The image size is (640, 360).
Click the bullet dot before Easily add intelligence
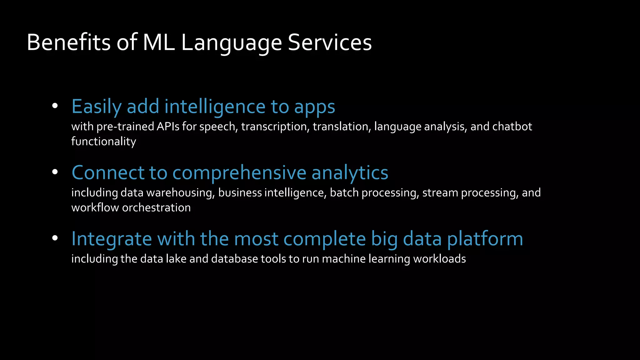[x=55, y=106]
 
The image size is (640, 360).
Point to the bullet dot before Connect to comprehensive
[x=55, y=172]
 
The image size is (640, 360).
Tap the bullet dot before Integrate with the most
[x=55, y=238]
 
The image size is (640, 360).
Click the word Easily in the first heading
[x=96, y=107]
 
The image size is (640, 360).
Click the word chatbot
[x=512, y=127]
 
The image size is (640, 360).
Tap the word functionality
[x=103, y=142]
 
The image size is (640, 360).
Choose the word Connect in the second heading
[x=108, y=172]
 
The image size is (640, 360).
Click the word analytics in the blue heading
[x=350, y=172]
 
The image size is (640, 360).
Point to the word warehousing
[x=180, y=193]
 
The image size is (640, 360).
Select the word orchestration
[x=156, y=207]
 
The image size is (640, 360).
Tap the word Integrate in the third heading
[x=112, y=239]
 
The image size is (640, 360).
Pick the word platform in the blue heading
[x=485, y=239]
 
